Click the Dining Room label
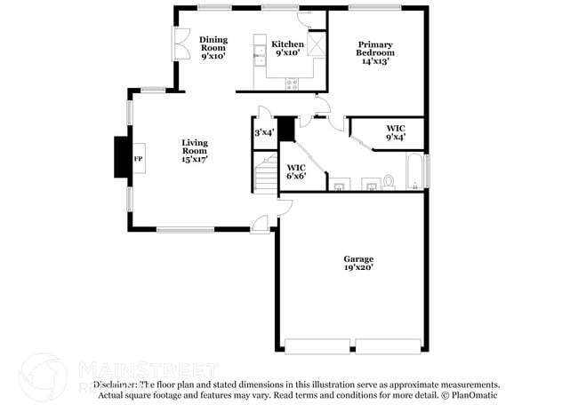213,47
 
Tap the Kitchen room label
287,49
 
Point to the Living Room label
194,151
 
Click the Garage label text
358,263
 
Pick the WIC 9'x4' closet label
396,133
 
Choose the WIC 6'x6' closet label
296,171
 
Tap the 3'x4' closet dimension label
264,133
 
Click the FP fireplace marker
138,159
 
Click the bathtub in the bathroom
415,171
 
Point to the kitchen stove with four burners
291,83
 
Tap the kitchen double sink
259,59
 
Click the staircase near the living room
265,173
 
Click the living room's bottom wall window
185,230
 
